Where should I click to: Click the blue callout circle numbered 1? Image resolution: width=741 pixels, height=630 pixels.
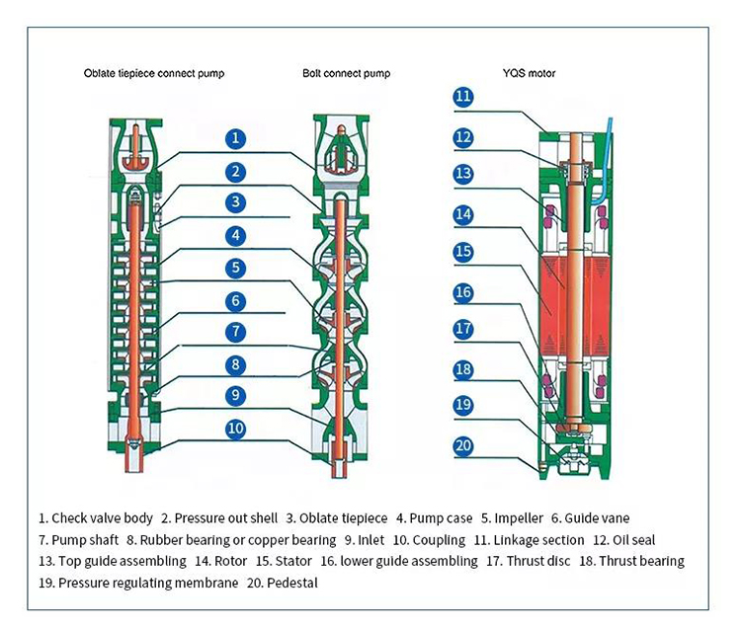tap(235, 139)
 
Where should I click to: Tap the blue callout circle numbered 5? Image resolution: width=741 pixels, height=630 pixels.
tap(235, 268)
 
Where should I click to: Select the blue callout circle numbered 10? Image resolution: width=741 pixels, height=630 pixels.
tap(235, 429)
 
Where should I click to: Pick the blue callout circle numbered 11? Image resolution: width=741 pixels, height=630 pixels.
tap(463, 97)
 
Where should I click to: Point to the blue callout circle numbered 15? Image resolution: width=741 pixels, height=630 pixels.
tap(463, 251)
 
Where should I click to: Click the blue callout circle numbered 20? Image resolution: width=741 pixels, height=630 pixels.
tap(463, 445)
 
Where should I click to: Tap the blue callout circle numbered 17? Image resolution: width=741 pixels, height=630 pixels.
tap(463, 329)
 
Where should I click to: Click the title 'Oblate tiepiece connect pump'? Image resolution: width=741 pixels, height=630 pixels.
tap(154, 74)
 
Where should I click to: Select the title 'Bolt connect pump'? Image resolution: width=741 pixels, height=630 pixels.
tap(347, 74)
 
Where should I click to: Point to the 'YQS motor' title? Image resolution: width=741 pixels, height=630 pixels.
tap(529, 73)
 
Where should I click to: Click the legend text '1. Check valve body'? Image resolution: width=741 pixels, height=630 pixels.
tap(96, 518)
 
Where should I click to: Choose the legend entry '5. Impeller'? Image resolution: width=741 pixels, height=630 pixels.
tap(512, 518)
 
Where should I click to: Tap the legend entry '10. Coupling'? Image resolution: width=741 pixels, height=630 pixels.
tap(429, 540)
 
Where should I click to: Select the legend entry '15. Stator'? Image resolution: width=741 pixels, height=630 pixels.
tap(284, 561)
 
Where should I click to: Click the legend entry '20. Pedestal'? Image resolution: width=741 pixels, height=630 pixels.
tap(283, 583)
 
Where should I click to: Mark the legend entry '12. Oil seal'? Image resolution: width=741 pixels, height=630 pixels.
tap(624, 540)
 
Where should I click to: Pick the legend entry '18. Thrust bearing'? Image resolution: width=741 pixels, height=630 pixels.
tap(632, 561)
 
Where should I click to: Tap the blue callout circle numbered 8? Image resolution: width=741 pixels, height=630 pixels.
tap(235, 365)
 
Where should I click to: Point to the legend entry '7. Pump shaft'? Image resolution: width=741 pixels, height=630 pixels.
tap(78, 540)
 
